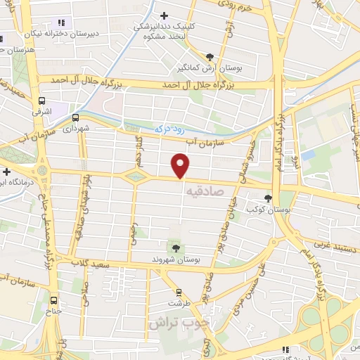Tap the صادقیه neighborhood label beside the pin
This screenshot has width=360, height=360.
click(205, 190)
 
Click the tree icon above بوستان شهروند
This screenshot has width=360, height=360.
click(174, 247)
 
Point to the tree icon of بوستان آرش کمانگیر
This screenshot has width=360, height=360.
click(210, 57)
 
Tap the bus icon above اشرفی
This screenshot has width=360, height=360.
click(41, 100)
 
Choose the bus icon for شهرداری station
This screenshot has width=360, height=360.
click(75, 118)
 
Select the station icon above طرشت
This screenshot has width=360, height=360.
click(179, 292)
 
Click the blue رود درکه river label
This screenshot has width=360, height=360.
click(169, 129)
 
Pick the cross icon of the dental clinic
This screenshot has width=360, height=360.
click(164, 15)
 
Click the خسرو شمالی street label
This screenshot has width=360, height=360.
click(247, 151)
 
